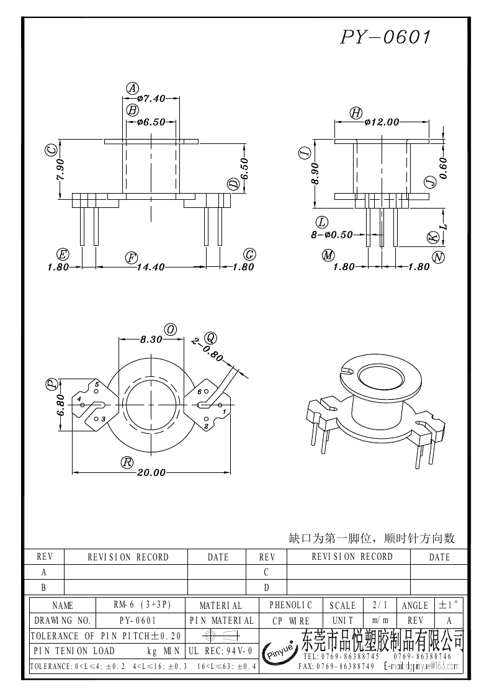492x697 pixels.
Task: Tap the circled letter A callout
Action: tap(132, 88)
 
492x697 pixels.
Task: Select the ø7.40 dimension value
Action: tap(151, 99)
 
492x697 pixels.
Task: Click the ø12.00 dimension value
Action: tap(382, 122)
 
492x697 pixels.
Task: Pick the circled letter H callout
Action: tap(356, 112)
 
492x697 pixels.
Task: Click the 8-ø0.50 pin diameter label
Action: tap(331, 235)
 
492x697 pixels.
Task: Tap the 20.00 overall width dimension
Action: tap(151, 473)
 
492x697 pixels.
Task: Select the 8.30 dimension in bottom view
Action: tap(151, 340)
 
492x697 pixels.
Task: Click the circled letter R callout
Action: tap(127, 462)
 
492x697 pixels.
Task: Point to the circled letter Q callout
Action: tap(210, 337)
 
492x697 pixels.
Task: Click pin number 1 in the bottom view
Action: tap(223, 411)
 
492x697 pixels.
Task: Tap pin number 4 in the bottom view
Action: tap(79, 399)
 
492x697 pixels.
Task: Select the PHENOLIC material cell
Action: tap(291, 605)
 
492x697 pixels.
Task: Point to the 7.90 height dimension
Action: tap(60, 169)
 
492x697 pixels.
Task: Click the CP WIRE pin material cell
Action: tap(291, 621)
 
